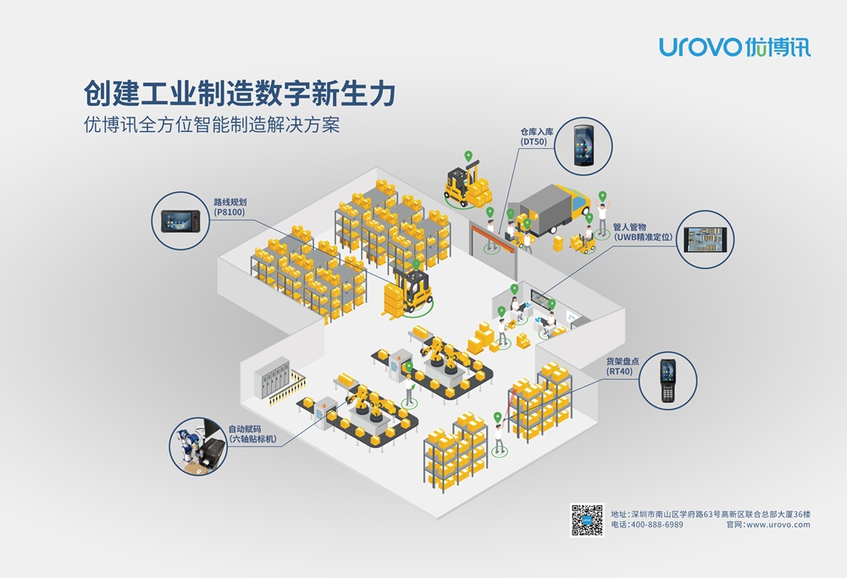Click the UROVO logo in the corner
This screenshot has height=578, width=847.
coord(734,46)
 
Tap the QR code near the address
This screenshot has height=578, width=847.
coord(587,520)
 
